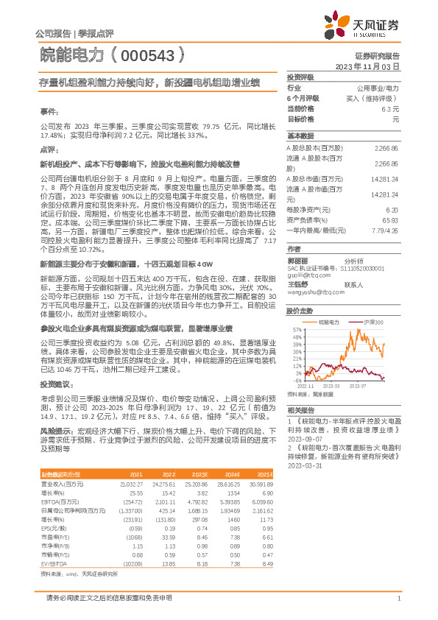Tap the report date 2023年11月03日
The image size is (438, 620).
[367, 66]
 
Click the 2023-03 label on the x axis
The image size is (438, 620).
[331, 384]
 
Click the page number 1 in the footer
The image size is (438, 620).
[398, 598]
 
